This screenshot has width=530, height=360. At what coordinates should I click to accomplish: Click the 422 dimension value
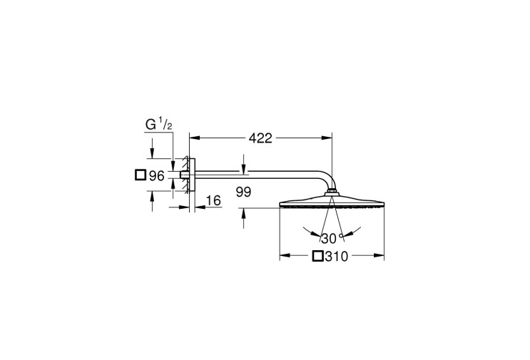[x=260, y=138]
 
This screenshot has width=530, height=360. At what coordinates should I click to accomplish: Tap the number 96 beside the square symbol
[x=156, y=175]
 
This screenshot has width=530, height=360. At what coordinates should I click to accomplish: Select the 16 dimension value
[x=213, y=200]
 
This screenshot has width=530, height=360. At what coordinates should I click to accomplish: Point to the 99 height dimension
[x=243, y=192]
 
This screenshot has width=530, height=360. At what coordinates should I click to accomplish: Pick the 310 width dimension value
[x=336, y=257]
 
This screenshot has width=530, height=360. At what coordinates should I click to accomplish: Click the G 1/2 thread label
[x=159, y=125]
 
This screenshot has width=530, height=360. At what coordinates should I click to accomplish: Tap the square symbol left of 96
[x=141, y=175]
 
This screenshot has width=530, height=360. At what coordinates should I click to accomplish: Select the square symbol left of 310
[x=317, y=257]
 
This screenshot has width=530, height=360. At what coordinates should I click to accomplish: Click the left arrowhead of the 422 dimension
[x=194, y=138]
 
